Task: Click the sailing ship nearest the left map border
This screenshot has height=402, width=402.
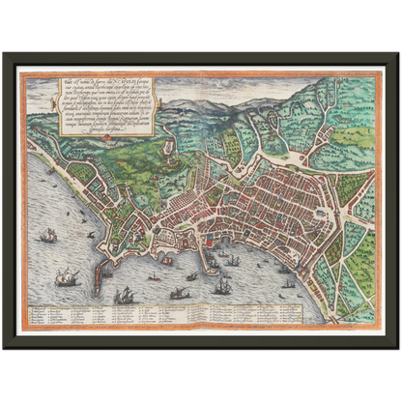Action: (46, 235)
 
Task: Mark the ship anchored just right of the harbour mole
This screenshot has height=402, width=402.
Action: (232, 260)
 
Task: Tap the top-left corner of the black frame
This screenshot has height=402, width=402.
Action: (5, 54)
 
